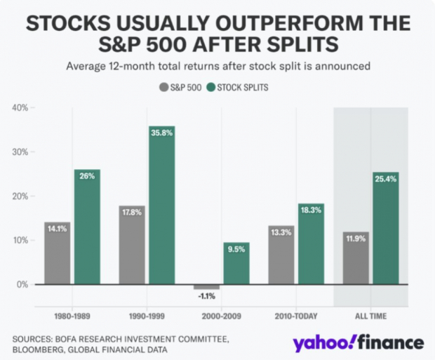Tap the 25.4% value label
click(386, 178)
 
